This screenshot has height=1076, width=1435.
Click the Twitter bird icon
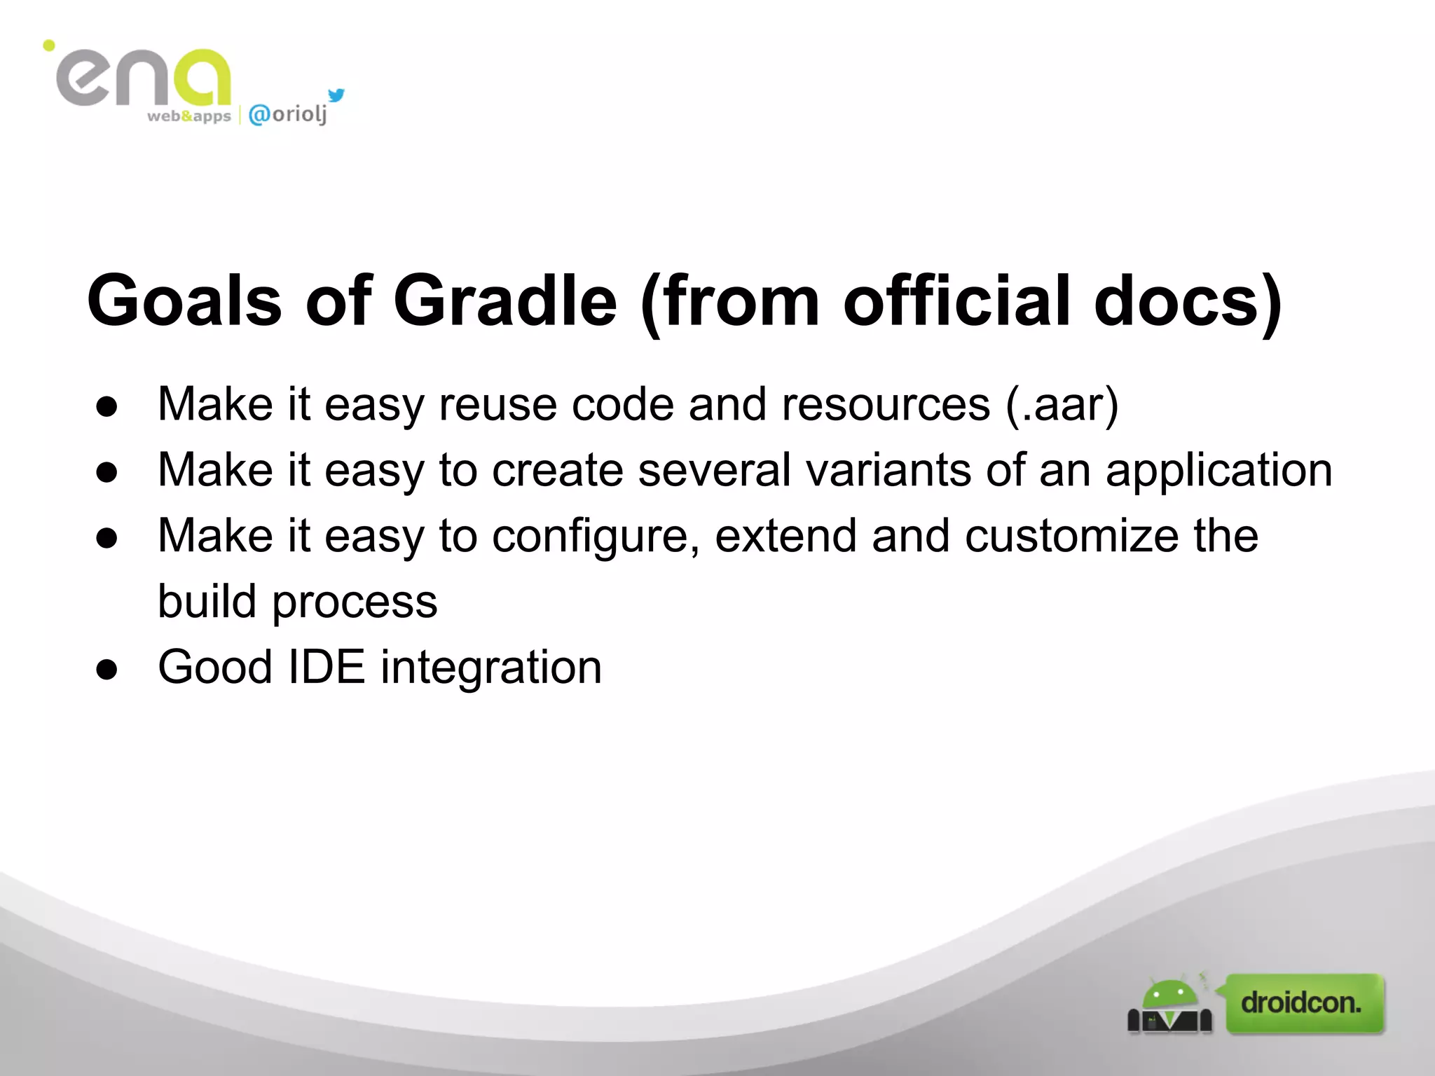pos(336,95)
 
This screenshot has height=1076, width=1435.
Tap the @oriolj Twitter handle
pos(288,113)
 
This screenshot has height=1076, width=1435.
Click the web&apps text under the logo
pos(188,116)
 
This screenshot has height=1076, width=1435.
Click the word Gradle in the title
pos(505,301)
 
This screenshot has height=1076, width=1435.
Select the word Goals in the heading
pos(184,301)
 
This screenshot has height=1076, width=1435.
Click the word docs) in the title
pos(1187,301)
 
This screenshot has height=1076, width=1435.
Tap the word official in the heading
pos(957,301)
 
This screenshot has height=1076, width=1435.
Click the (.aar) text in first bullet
pos(1062,405)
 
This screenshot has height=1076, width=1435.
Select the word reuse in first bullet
pos(497,405)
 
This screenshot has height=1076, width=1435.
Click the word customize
pos(1071,536)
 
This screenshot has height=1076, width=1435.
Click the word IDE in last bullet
pos(327,667)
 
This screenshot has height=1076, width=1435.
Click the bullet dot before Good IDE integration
pos(107,669)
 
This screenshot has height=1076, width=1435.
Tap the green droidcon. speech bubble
pos(1304,1003)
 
